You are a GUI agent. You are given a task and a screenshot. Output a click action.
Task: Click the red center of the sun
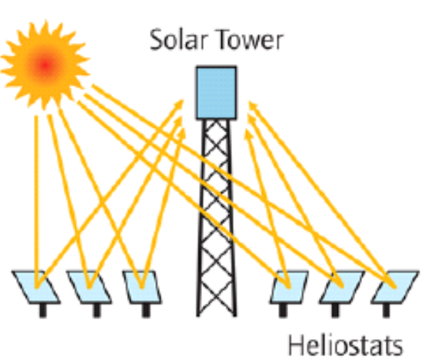pyautogui.click(x=45, y=66)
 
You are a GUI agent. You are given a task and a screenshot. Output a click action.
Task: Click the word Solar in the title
pyautogui.click(x=178, y=40)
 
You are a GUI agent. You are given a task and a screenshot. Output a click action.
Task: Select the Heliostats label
pyautogui.click(x=345, y=345)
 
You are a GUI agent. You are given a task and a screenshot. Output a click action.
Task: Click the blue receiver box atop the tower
pyautogui.click(x=217, y=93)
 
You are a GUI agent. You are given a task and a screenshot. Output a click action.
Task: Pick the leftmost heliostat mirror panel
pyautogui.click(x=36, y=287)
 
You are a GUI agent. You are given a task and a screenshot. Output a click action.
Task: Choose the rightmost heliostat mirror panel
pyautogui.click(x=395, y=287)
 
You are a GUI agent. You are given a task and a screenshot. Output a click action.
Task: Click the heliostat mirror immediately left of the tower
pyautogui.click(x=142, y=287)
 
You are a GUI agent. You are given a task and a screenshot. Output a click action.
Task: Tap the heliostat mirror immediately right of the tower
pyautogui.click(x=289, y=287)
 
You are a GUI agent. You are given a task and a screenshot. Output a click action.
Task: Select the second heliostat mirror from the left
pyautogui.click(x=89, y=287)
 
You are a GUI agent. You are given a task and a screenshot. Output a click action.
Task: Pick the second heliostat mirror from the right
pyautogui.click(x=342, y=287)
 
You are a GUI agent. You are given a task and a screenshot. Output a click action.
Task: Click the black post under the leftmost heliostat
pyautogui.click(x=43, y=311)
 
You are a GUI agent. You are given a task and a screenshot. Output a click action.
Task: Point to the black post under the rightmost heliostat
pyautogui.click(x=386, y=310)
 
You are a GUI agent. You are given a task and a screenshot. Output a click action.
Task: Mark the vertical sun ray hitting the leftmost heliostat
pyautogui.click(x=36, y=202)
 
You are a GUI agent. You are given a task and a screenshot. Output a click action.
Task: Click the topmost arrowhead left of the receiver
pyautogui.click(x=179, y=104)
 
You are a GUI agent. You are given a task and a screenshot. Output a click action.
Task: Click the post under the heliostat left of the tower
pyautogui.click(x=146, y=311)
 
